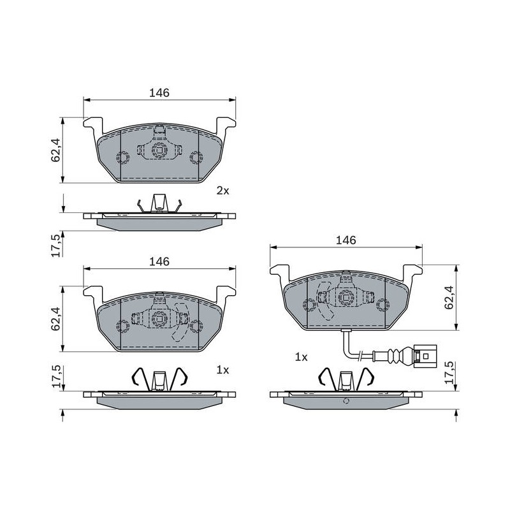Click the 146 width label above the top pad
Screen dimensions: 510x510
coord(159,93)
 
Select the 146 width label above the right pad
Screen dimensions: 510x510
coord(346,240)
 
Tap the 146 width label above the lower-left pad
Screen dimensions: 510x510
coord(159,261)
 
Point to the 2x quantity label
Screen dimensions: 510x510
coord(222,191)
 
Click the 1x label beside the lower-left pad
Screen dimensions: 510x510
coord(222,370)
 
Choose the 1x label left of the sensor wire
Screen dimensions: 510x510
coord(301,357)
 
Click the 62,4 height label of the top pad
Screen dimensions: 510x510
coord(55,150)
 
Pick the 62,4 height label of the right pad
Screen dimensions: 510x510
coord(449,297)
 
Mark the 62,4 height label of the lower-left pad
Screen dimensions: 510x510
coord(55,319)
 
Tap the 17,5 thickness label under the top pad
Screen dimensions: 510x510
coord(55,245)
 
